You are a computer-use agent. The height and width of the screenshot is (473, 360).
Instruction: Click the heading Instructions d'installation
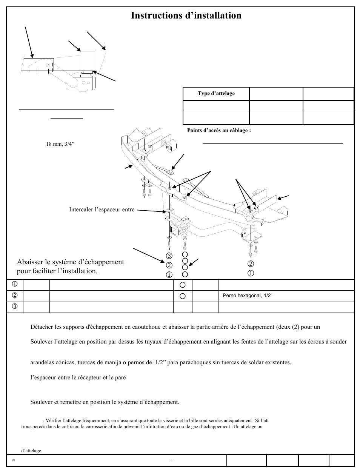186,15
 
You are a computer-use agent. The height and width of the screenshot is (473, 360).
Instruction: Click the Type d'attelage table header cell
216,94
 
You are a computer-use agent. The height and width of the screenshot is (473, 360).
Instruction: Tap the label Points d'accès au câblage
219,131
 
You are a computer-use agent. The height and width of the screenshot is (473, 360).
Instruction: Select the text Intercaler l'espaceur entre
102,210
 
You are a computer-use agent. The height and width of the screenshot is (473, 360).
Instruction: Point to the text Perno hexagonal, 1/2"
248,296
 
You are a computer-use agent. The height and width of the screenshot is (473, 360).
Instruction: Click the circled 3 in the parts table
15,306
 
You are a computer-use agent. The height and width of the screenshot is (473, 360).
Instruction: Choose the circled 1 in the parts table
15,284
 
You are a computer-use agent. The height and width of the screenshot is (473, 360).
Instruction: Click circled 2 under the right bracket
251,264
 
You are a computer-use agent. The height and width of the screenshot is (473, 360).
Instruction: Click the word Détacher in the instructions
42,327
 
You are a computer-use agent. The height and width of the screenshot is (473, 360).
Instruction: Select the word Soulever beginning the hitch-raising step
42,342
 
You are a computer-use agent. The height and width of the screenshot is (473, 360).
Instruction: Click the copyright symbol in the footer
14,460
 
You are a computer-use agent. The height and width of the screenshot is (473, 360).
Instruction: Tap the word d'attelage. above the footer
32,451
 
